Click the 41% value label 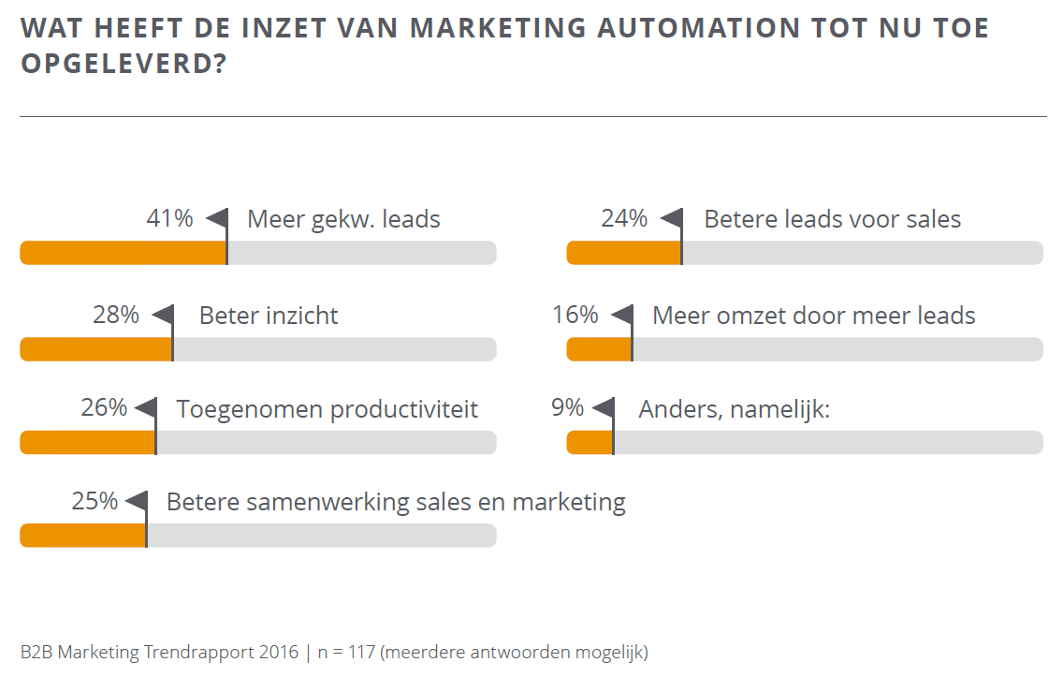169,219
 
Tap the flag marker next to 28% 164,315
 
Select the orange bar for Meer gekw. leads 123,253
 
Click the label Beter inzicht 269,316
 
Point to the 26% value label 104,407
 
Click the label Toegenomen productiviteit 327,409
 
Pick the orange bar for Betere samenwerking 82,536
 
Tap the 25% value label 95,501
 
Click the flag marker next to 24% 672,219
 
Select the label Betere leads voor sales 832,220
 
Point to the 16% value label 575,315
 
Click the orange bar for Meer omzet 599,349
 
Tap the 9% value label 567,407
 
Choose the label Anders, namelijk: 734,409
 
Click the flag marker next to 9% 604,408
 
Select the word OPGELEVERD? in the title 124,66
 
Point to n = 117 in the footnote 347,652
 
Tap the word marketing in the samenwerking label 568,503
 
